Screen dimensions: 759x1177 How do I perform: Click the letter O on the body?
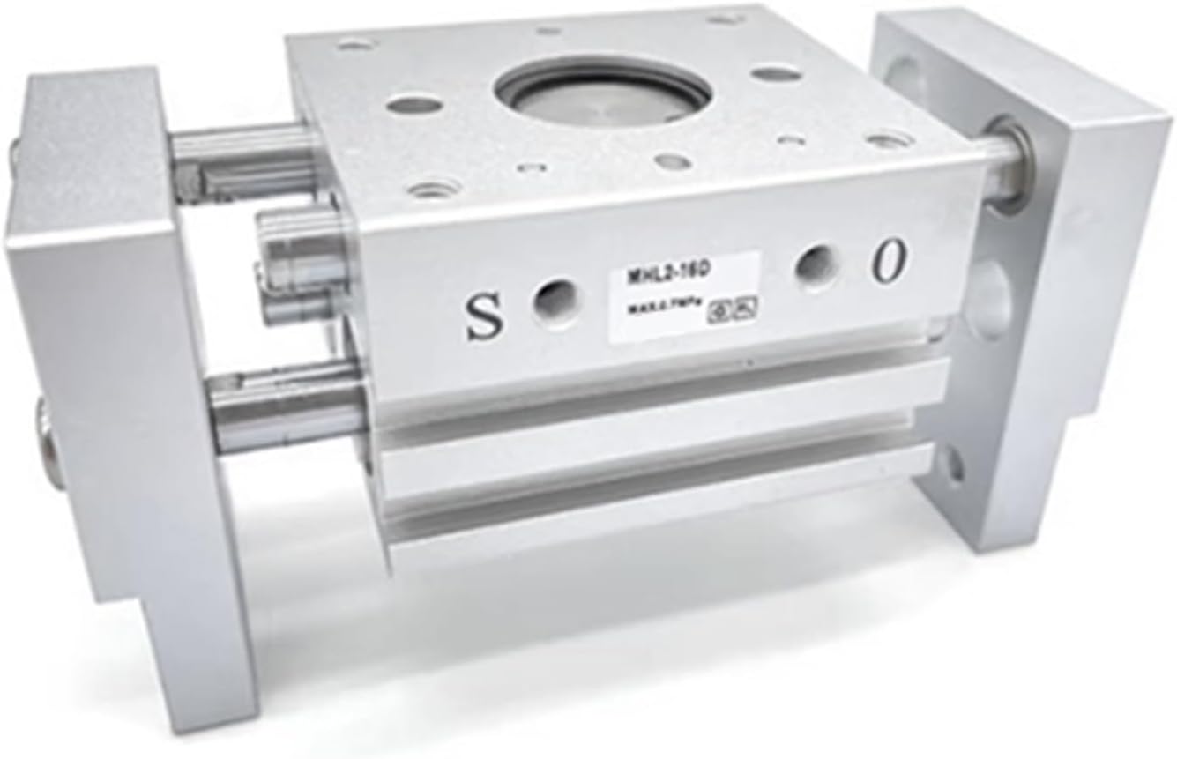(x=890, y=261)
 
